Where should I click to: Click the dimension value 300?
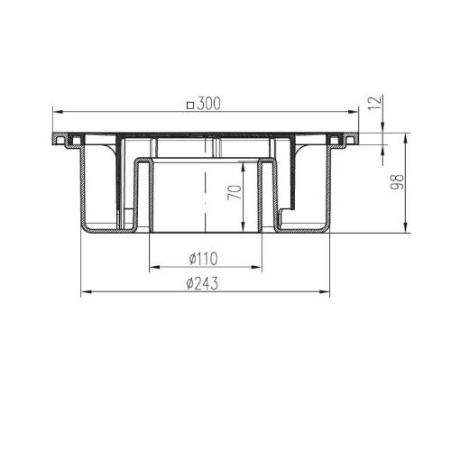point(209,104)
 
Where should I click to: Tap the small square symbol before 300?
point(189,106)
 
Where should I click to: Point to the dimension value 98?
point(397,181)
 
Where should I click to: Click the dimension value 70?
point(235,192)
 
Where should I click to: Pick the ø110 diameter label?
point(203,259)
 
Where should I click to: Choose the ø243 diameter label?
point(202,283)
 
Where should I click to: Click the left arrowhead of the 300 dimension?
point(58,112)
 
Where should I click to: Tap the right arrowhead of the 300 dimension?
point(353,112)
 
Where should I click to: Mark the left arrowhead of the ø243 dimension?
point(87,291)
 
